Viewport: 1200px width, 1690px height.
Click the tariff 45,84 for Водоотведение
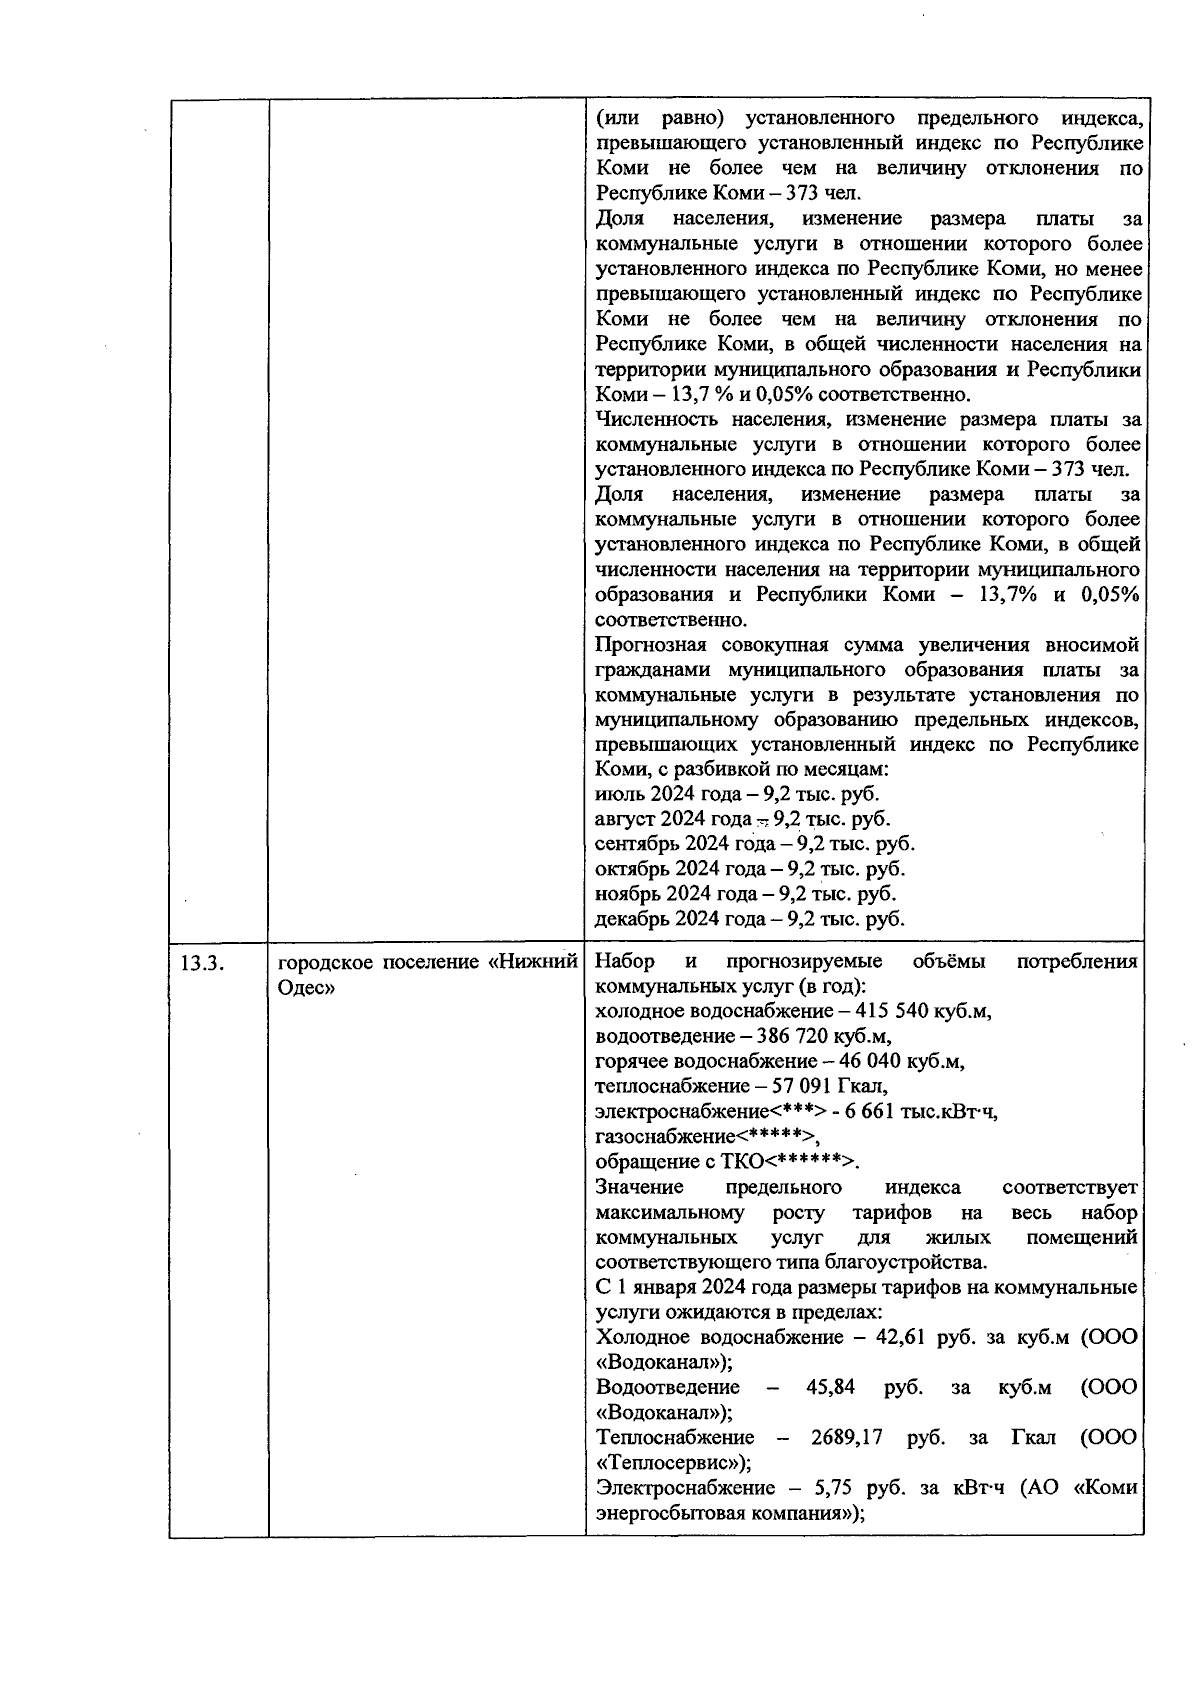[830, 1388]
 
